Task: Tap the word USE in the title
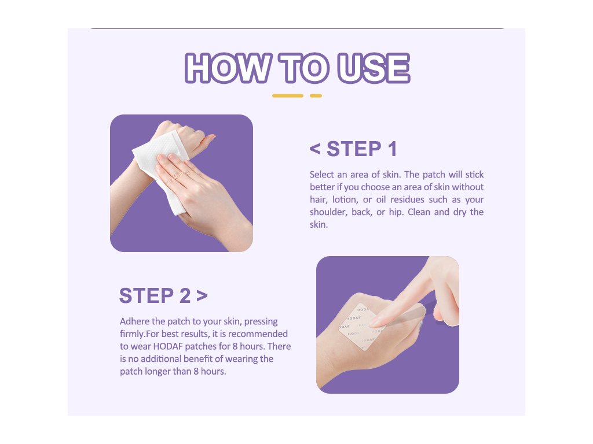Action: pyautogui.click(x=374, y=68)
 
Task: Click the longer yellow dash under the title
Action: pyautogui.click(x=287, y=96)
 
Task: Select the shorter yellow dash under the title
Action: pyautogui.click(x=316, y=96)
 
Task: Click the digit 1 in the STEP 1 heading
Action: pyautogui.click(x=393, y=149)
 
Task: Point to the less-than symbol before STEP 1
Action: pyautogui.click(x=315, y=149)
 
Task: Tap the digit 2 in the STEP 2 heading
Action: pyautogui.click(x=185, y=295)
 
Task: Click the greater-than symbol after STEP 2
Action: pyautogui.click(x=202, y=296)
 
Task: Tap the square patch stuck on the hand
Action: pyautogui.click(x=362, y=326)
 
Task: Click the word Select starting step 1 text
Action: pyautogui.click(x=322, y=175)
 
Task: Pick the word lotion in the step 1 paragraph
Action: pyautogui.click(x=345, y=199)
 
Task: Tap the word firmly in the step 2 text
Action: pyautogui.click(x=132, y=334)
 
